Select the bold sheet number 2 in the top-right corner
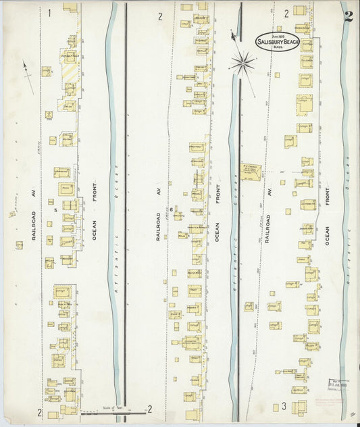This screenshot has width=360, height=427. (348, 17)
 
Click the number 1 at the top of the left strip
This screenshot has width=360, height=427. (49, 13)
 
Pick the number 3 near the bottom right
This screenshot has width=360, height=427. (284, 406)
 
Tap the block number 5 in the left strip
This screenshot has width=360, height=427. (49, 201)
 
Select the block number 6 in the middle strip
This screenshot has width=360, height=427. (172, 209)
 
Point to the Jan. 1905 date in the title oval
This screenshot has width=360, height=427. (276, 35)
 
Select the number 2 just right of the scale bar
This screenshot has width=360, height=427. (149, 409)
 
